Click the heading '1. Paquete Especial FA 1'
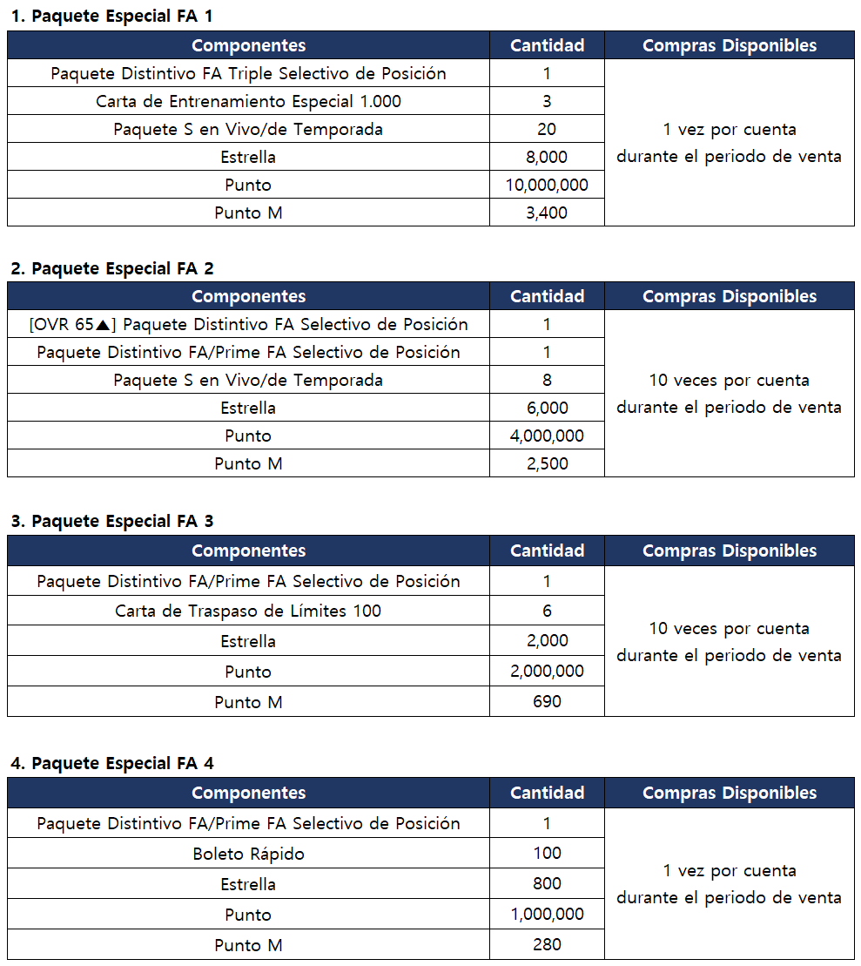111,16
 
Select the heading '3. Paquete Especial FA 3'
111,521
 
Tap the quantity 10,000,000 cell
547,185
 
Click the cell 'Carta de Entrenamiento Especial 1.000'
248,101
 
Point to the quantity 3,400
547,213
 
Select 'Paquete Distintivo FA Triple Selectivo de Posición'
248,73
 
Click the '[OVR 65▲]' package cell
248,324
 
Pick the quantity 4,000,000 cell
547,436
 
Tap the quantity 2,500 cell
547,463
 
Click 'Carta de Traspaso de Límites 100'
248,611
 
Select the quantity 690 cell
547,701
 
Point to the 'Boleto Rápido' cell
248,854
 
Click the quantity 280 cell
547,944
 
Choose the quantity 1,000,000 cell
547,914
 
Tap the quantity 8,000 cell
547,157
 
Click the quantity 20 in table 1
547,129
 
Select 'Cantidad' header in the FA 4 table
547,793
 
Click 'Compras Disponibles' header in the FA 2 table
730,296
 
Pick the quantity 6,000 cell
547,408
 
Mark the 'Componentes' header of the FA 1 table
248,45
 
